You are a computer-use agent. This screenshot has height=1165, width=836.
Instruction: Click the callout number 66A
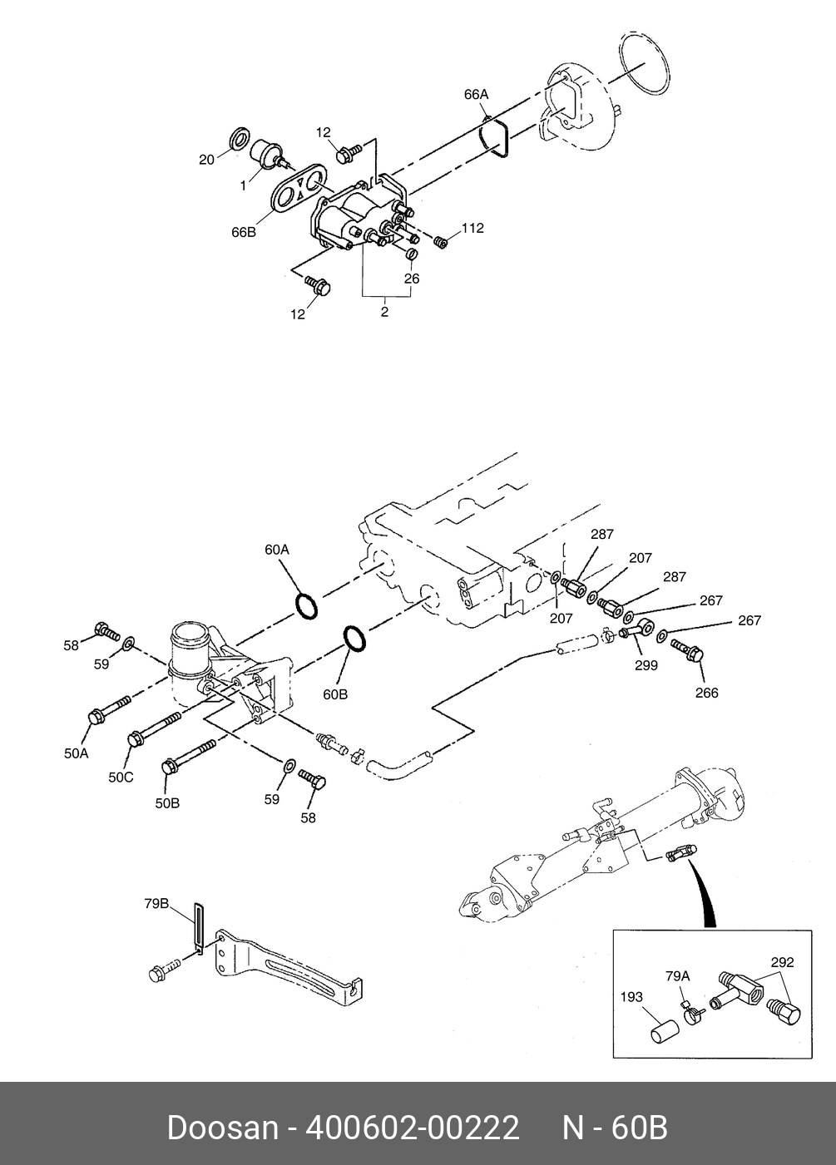476,94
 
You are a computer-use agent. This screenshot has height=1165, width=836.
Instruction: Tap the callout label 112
472,228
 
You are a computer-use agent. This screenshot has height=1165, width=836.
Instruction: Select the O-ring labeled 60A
307,605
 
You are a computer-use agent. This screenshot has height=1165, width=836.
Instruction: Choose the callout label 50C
121,777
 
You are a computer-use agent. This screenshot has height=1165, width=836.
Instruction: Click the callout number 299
646,665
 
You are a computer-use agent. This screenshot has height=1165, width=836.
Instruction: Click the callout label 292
783,962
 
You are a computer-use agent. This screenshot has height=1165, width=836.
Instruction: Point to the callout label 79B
156,904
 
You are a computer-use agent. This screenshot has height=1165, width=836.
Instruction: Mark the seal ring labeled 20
239,139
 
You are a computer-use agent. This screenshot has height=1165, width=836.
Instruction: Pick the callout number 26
412,279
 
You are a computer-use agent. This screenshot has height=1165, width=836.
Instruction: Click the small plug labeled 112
441,242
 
